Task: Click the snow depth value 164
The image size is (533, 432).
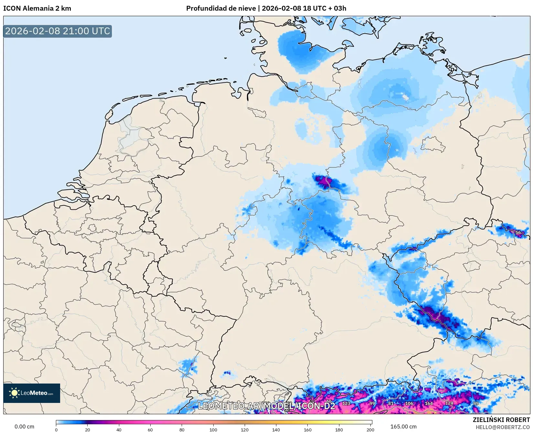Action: [x=429, y=403]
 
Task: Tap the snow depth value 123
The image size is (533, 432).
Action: [x=346, y=403]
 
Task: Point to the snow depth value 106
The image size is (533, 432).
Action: [x=409, y=403]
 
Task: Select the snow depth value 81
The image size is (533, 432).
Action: [x=391, y=403]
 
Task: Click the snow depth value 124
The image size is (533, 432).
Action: [x=449, y=403]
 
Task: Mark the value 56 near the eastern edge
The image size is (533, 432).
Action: [x=518, y=232]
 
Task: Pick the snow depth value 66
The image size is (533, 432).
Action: [x=329, y=401]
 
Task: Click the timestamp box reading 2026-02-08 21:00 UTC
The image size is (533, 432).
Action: [x=58, y=31]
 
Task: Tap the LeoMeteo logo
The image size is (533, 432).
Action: [x=32, y=393]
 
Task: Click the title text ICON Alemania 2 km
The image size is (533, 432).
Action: [x=37, y=8]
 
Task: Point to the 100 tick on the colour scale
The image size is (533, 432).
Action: [x=213, y=429]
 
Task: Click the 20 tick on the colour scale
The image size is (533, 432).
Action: [x=87, y=429]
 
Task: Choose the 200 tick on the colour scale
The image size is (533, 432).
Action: [x=370, y=429]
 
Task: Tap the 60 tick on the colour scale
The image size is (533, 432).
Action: [x=150, y=429]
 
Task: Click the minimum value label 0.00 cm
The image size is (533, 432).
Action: [x=24, y=427]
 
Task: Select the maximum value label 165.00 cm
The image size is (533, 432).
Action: [x=403, y=427]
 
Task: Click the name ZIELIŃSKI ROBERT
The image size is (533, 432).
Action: [x=501, y=420]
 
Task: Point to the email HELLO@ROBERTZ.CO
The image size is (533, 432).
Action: [x=503, y=427]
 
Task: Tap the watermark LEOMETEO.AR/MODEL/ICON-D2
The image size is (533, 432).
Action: [x=266, y=406]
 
